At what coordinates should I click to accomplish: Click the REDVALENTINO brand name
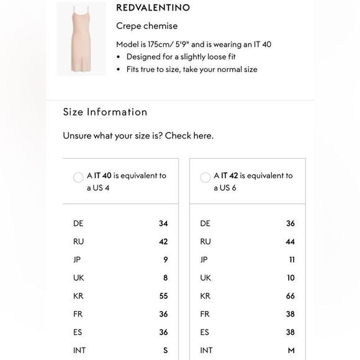pos(153,8)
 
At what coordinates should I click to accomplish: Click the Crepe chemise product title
pos(146,26)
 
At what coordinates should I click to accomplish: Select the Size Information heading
pos(105,112)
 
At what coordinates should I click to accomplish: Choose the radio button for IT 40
pos(78,178)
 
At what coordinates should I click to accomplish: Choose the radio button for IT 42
pos(205,178)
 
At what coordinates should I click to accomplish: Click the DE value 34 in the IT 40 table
pos(163,223)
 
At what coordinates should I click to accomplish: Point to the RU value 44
pos(290,241)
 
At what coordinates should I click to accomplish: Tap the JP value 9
pos(165,259)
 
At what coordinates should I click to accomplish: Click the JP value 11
pos(292,259)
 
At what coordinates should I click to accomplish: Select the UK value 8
pos(165,278)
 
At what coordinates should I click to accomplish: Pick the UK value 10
pos(290,278)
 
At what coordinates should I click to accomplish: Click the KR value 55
pos(163,296)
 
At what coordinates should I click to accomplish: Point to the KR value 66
pos(290,296)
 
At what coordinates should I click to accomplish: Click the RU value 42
pos(163,241)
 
